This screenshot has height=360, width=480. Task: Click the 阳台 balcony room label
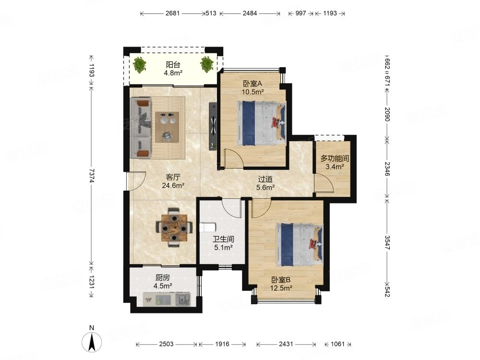click(173, 65)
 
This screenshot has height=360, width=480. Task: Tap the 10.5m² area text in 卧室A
click(252, 92)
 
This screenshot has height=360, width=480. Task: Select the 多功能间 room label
click(335, 158)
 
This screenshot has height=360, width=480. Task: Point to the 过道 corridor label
click(265, 179)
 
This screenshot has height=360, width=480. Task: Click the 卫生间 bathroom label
click(224, 239)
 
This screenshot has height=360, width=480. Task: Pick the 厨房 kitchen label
click(162, 277)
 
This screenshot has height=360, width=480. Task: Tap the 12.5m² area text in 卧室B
click(281, 288)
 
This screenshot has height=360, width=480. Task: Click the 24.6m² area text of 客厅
click(173, 185)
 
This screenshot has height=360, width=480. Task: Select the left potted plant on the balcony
click(140, 65)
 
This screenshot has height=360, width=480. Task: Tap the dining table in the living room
click(174, 228)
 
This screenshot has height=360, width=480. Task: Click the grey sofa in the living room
click(141, 128)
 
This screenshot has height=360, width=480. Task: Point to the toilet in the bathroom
click(207, 228)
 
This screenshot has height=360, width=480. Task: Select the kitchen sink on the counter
click(183, 299)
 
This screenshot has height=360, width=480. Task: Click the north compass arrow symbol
click(92, 342)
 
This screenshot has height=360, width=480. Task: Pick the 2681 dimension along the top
click(172, 13)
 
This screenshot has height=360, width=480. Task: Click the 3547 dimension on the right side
click(387, 242)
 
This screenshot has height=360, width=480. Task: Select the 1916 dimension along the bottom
click(222, 344)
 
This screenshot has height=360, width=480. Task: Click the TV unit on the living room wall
click(213, 126)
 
